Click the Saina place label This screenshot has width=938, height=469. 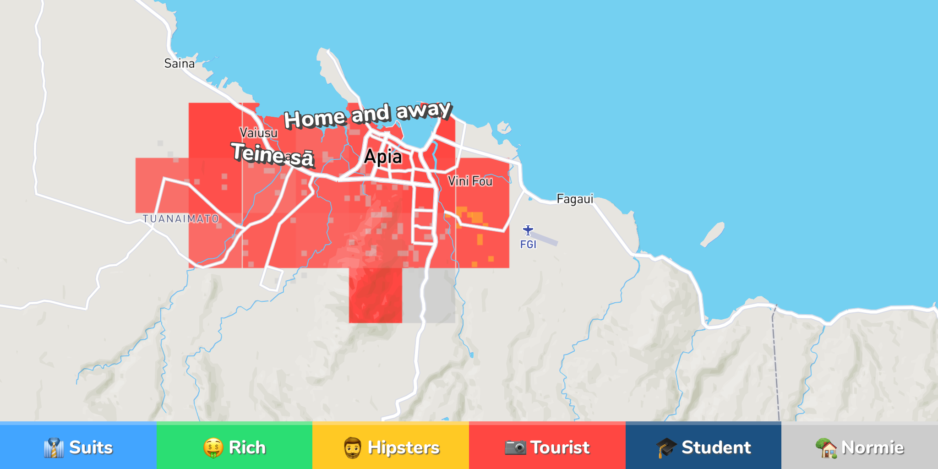tap(179, 63)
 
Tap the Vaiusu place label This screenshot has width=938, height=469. tap(258, 133)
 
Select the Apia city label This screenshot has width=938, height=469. tap(383, 157)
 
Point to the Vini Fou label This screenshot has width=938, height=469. tap(470, 181)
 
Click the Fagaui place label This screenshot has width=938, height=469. tap(575, 199)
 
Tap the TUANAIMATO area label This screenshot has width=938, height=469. tap(180, 219)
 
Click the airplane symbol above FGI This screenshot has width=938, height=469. tap(528, 229)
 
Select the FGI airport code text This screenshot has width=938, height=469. tap(528, 245)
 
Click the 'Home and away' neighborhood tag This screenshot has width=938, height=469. tap(368, 115)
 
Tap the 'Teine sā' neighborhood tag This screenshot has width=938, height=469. tap(273, 155)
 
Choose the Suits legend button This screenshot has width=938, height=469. tap(78, 447)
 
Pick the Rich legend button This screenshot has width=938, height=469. tap(234, 447)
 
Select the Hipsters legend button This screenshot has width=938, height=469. tap(391, 447)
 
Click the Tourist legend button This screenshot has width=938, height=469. tap(547, 447)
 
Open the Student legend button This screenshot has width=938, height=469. tap(703, 447)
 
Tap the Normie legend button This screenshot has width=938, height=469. tap(860, 447)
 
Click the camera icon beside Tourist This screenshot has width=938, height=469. tap(515, 447)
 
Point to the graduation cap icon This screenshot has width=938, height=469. tap(666, 447)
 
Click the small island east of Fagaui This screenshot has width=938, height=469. tap(713, 234)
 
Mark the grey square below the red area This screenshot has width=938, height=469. tap(429, 295)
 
